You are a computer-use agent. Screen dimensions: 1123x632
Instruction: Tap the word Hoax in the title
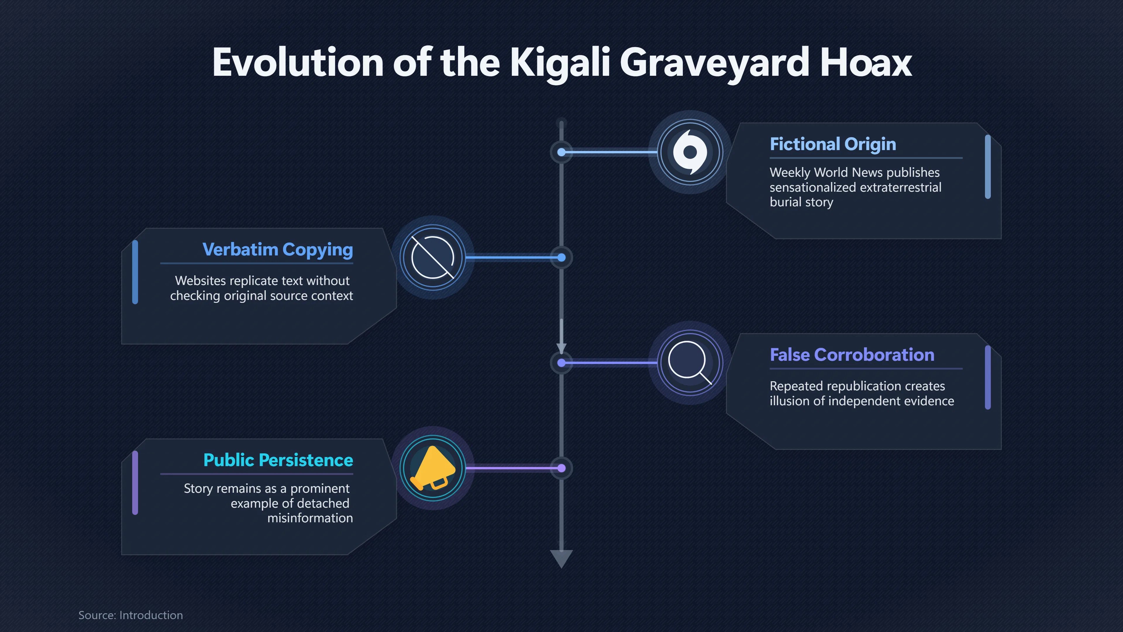[x=865, y=62]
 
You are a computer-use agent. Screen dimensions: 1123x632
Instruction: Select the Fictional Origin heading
[x=833, y=144]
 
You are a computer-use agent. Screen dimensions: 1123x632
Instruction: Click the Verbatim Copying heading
[x=278, y=250]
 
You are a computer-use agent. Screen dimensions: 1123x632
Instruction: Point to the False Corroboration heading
[x=852, y=355]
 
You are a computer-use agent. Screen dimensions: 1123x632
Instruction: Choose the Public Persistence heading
[x=278, y=460]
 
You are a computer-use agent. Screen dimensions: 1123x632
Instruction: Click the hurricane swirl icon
[x=690, y=152]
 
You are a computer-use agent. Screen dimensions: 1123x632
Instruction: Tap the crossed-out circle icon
[x=433, y=257]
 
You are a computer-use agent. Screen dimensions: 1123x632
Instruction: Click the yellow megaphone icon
[x=433, y=468]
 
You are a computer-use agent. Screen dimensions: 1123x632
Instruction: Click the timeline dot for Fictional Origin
[x=561, y=152]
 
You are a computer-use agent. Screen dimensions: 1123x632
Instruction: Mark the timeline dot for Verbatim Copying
[x=561, y=258]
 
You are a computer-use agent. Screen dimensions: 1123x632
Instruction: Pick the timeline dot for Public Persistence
[x=561, y=468]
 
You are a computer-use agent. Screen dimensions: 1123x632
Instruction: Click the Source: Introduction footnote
[x=131, y=615]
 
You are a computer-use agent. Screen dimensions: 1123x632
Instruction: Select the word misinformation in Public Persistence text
[x=310, y=518]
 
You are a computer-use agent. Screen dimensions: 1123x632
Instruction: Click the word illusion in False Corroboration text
[x=787, y=401]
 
